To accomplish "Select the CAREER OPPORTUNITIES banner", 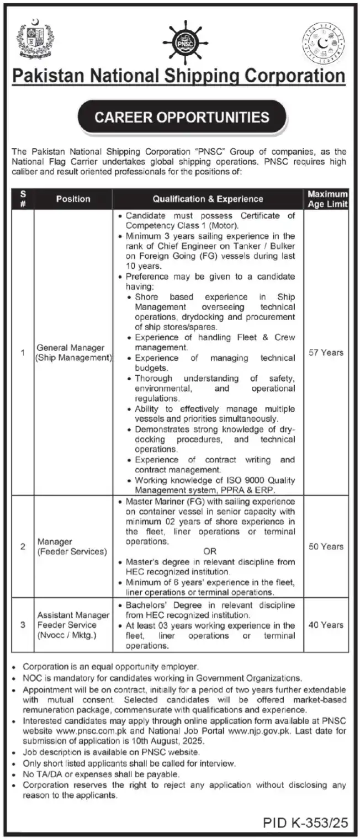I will click(x=182, y=117).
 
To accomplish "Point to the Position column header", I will click(x=73, y=199).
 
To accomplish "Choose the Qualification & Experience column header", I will click(x=208, y=199).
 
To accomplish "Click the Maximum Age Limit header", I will click(x=328, y=199).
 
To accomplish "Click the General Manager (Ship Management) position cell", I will click(x=74, y=353).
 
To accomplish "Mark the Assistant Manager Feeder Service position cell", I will click(x=67, y=625).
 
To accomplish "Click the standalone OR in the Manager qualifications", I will click(x=210, y=551).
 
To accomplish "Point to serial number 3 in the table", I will click(x=23, y=625).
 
